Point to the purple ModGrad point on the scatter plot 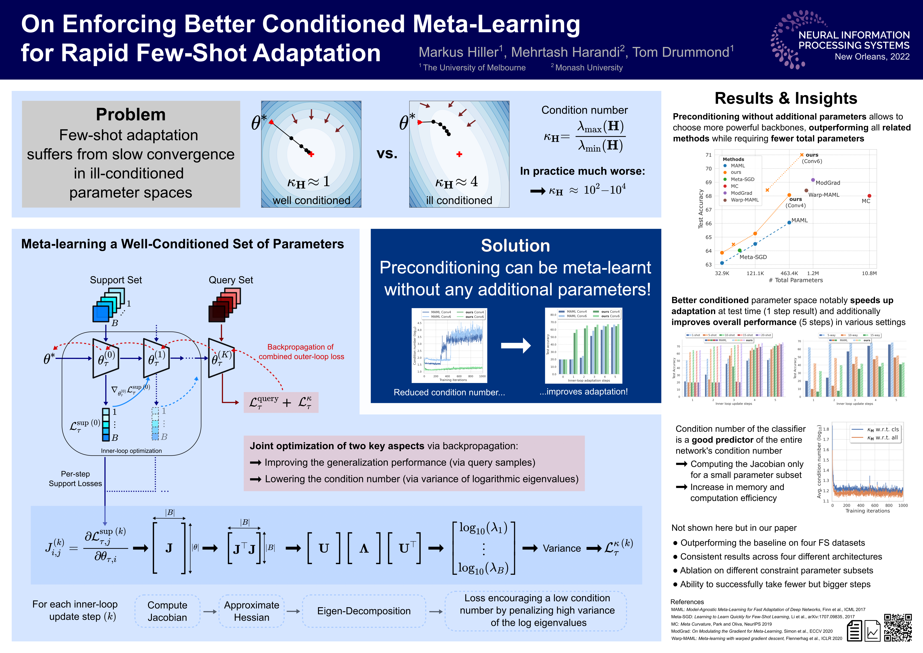[x=813, y=180]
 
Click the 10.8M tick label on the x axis [x=869, y=273]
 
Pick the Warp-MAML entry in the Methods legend [x=745, y=200]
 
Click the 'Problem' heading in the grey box [x=131, y=115]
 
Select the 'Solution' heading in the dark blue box [x=515, y=246]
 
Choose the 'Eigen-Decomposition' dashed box [x=364, y=611]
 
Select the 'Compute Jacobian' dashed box [x=167, y=611]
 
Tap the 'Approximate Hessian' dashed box [x=252, y=611]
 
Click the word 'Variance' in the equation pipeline [x=562, y=548]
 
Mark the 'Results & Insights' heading [x=786, y=98]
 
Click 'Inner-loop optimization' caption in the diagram [x=131, y=451]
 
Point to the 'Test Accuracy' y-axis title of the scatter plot [x=701, y=209]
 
